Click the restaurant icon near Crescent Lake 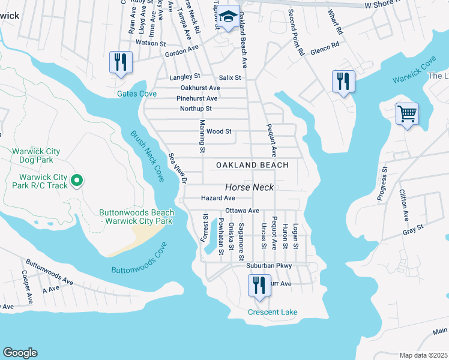click(x=259, y=285)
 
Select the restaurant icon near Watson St click(x=121, y=62)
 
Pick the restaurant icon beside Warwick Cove click(x=343, y=81)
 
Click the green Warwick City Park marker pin click(x=77, y=179)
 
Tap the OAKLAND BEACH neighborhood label click(x=252, y=165)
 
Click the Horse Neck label click(x=250, y=187)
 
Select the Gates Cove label click(x=137, y=94)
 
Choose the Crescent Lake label click(x=273, y=312)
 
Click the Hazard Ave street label click(x=218, y=198)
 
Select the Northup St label click(x=196, y=109)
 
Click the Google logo click(x=20, y=353)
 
